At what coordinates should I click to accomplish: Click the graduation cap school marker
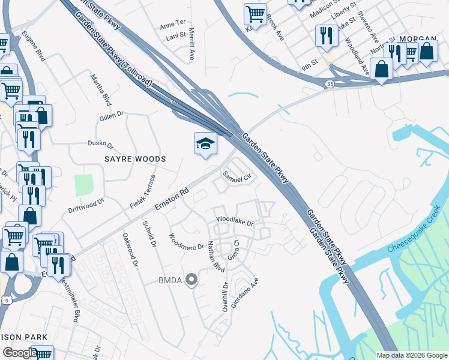(205, 144)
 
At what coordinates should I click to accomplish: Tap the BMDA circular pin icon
(191, 279)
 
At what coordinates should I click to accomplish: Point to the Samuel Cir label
(235, 176)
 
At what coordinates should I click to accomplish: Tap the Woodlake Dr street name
(235, 221)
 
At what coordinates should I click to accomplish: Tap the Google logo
(20, 353)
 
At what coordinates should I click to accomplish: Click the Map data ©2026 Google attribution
(411, 355)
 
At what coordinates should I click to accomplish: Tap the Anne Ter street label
(173, 24)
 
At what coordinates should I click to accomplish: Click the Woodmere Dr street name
(187, 242)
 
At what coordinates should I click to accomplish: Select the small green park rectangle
(84, 185)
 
